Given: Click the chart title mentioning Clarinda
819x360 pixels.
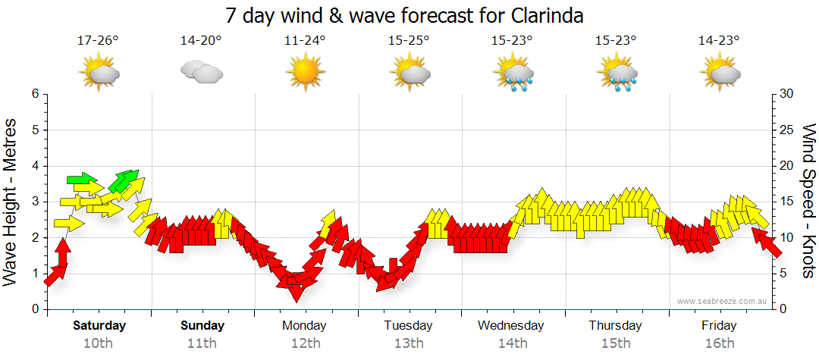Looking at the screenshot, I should (x=405, y=15).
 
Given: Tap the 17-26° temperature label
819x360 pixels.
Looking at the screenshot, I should (x=98, y=41).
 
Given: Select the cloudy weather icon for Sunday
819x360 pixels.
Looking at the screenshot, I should (x=201, y=73).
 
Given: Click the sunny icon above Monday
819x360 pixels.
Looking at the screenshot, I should (x=305, y=73).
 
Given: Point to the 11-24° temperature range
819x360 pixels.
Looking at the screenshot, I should (x=305, y=41).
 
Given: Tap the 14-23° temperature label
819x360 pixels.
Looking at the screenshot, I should (x=719, y=41).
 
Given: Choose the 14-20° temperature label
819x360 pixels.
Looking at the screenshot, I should (x=201, y=41).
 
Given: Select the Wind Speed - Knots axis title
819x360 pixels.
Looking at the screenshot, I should (x=807, y=202).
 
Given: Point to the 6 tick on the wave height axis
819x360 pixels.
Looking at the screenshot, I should (x=34, y=94).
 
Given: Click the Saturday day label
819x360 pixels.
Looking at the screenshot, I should (x=99, y=326).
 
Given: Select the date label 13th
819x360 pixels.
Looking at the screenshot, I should (x=409, y=343).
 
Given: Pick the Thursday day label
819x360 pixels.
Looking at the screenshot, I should (x=616, y=326).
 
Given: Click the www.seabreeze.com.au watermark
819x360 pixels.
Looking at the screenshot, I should (x=723, y=301).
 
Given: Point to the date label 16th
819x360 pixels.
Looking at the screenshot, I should (x=720, y=343).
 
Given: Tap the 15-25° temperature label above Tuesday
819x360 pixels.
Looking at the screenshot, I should (x=409, y=41).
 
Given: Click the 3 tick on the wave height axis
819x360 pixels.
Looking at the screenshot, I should (x=34, y=202).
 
